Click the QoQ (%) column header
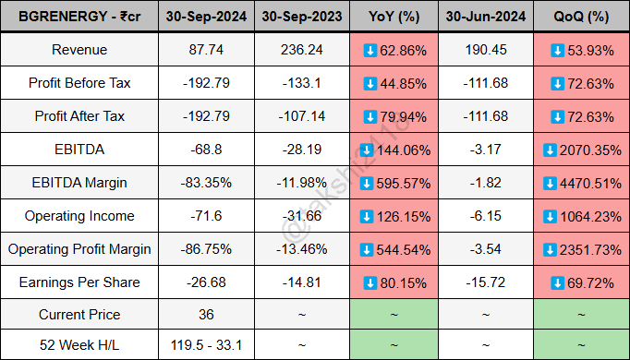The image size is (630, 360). pyautogui.click(x=578, y=17)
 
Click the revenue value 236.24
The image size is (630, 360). pyautogui.click(x=302, y=50)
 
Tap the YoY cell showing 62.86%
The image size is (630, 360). pyautogui.click(x=394, y=50)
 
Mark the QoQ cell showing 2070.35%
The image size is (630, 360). pyautogui.click(x=578, y=150)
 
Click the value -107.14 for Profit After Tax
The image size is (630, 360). pyautogui.click(x=302, y=116)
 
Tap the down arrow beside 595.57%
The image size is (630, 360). pyautogui.click(x=366, y=183)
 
